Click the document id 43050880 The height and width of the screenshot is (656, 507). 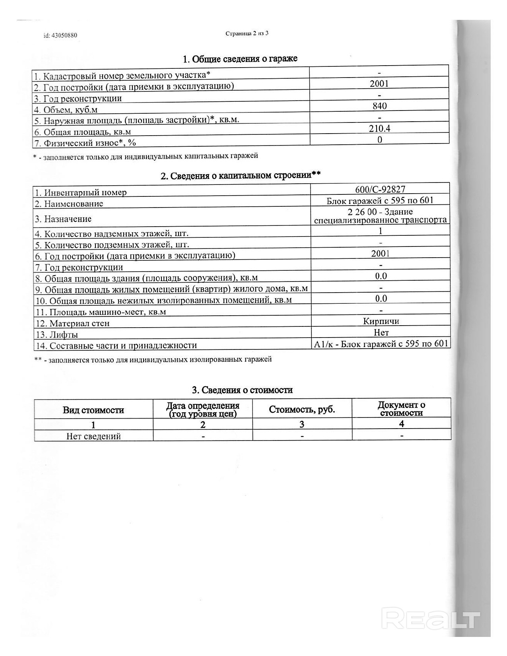pyautogui.click(x=60, y=35)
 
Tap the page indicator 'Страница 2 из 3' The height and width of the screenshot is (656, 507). pyautogui.click(x=247, y=33)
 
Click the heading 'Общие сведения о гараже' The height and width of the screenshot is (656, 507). pyautogui.click(x=240, y=59)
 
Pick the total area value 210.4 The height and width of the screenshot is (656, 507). pyautogui.click(x=379, y=128)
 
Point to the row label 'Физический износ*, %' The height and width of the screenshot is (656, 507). pyautogui.click(x=85, y=143)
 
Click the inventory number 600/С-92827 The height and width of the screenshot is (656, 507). pyautogui.click(x=380, y=190)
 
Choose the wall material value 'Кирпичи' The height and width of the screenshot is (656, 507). pyautogui.click(x=381, y=321)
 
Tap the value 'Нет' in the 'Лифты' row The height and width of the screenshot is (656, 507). pyautogui.click(x=381, y=332)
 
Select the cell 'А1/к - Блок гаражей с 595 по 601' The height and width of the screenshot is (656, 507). pyautogui.click(x=381, y=344)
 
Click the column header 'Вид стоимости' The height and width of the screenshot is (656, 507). pyautogui.click(x=93, y=410)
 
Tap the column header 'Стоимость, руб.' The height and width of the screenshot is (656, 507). pyautogui.click(x=302, y=410)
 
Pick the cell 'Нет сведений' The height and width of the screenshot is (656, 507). pyautogui.click(x=93, y=436)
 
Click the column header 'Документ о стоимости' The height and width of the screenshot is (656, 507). pyautogui.click(x=401, y=409)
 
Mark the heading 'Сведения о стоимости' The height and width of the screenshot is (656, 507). pyautogui.click(x=242, y=390)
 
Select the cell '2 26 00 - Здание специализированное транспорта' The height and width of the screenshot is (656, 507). pyautogui.click(x=380, y=216)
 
